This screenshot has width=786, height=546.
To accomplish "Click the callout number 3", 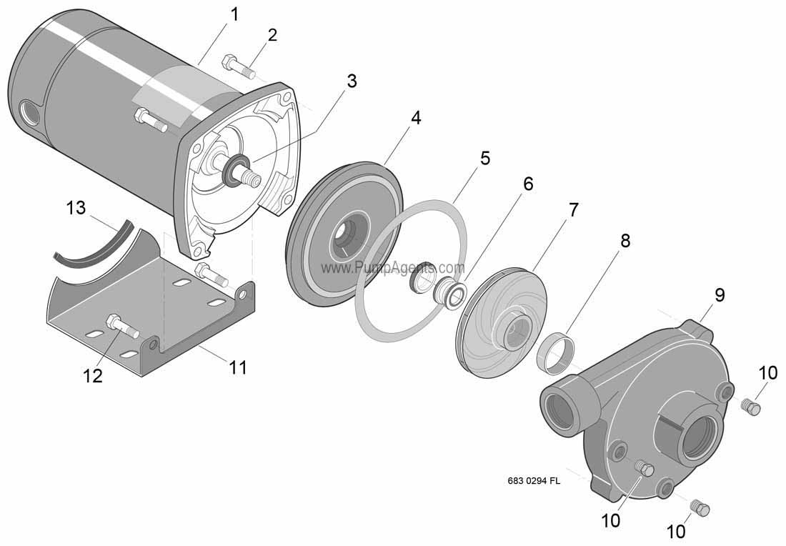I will coord(350,81).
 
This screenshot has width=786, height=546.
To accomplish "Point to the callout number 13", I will coord(76,208).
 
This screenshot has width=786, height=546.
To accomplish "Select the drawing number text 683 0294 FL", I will coord(533,481).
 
